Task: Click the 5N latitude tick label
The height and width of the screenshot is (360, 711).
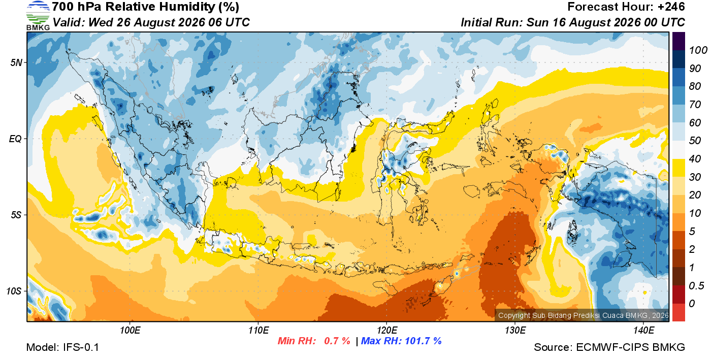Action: [x=16, y=62]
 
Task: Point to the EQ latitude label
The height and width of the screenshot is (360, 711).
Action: [x=16, y=139]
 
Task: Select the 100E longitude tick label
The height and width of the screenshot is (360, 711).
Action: [x=130, y=331]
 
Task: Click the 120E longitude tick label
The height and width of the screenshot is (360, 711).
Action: [x=387, y=331]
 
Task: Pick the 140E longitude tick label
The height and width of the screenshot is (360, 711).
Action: [x=643, y=331]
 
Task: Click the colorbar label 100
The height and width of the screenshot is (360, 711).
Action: [x=698, y=50]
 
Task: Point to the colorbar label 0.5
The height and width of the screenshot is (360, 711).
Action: [x=696, y=286]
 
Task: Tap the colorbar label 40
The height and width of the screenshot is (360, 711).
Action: [x=695, y=159]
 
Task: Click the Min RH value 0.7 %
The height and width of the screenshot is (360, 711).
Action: [x=337, y=341]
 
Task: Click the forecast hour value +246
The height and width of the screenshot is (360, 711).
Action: [x=671, y=7]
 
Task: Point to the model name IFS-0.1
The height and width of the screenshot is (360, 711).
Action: [x=81, y=347]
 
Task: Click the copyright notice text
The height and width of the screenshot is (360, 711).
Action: [x=583, y=315]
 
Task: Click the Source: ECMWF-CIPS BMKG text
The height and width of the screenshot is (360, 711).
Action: [x=609, y=347]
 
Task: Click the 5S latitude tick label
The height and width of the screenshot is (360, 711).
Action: [x=16, y=215]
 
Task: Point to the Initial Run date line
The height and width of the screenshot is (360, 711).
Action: [x=573, y=22]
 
